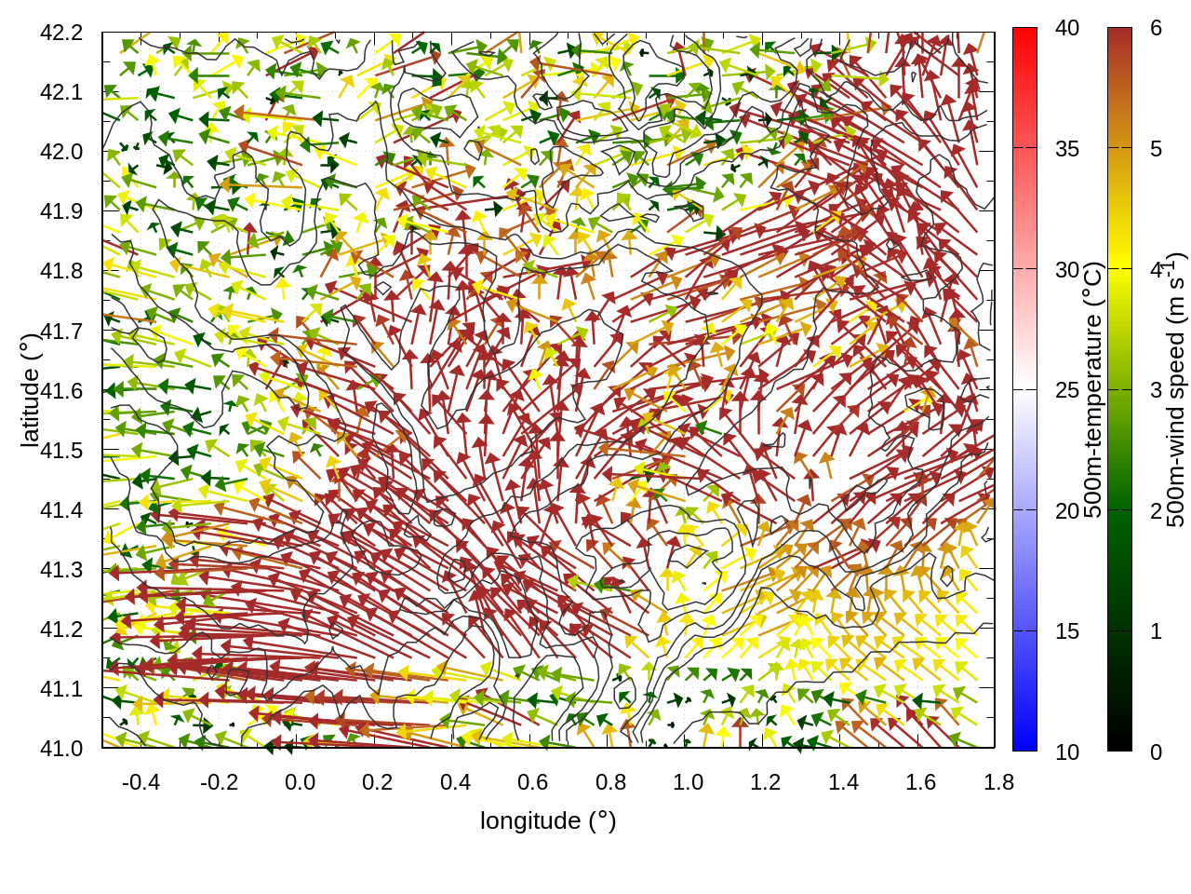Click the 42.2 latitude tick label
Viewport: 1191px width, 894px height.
tap(61, 33)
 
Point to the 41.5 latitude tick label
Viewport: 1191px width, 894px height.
tap(61, 451)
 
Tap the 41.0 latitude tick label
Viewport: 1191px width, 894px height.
tap(61, 749)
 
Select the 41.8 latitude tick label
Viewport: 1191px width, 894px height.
tap(61, 271)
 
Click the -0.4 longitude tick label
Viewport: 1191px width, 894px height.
tap(141, 782)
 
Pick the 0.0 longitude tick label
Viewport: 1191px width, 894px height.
tap(300, 782)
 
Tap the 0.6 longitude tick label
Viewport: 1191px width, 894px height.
tap(532, 782)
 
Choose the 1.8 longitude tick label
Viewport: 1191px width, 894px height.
tap(998, 782)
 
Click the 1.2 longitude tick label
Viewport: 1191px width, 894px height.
tap(766, 782)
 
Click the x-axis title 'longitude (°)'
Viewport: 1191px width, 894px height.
tap(548, 820)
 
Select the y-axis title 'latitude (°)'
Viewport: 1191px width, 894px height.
tap(30, 390)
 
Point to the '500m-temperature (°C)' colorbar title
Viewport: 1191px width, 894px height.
tap(1094, 390)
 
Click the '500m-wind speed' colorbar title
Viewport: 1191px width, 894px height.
tap(1176, 390)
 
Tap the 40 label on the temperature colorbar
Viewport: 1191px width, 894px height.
tap(1067, 29)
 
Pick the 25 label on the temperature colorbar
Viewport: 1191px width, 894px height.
tap(1067, 390)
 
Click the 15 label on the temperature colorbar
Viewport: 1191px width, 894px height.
tap(1067, 631)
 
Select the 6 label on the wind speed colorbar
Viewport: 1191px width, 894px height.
tap(1156, 29)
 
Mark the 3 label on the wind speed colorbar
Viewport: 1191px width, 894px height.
tap(1156, 390)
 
